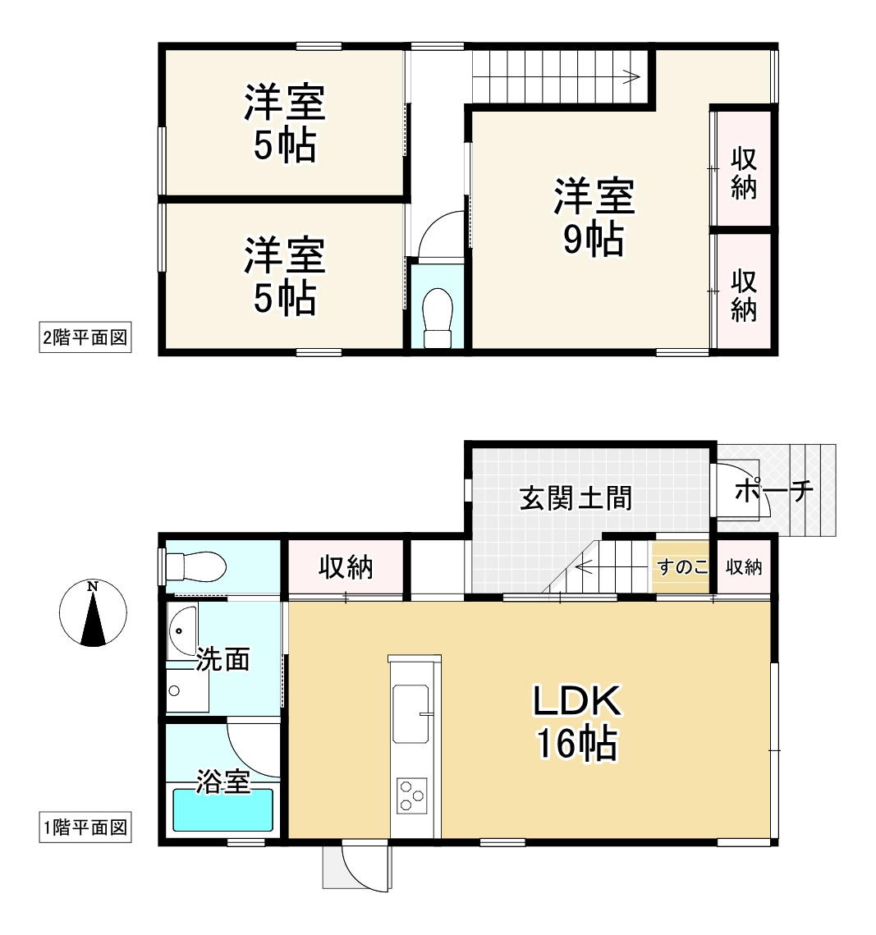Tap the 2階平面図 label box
[85, 337]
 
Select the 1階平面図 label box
[85, 827]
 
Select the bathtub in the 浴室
[222, 811]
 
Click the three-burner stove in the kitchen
[411, 795]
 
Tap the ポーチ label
[774, 492]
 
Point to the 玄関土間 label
[576, 497]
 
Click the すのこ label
[681, 566]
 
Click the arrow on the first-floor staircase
[585, 566]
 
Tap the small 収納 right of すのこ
[744, 566]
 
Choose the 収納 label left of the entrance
[346, 566]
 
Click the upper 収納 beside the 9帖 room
[744, 172]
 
